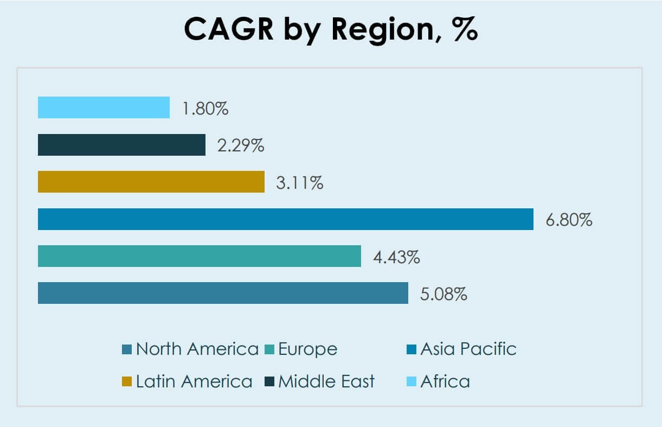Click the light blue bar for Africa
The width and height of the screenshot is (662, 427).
pyautogui.click(x=104, y=107)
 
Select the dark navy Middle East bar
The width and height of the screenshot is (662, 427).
pyautogui.click(x=121, y=145)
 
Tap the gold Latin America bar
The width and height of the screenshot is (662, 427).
pyautogui.click(x=151, y=182)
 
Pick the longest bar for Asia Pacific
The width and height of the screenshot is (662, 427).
pyautogui.click(x=285, y=219)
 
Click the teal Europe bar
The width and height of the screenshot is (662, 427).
pyautogui.click(x=199, y=256)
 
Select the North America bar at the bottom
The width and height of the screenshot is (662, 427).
pyautogui.click(x=223, y=293)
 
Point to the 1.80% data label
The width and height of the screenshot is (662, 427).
pyautogui.click(x=205, y=109)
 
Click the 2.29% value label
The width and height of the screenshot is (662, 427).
pyautogui.click(x=241, y=145)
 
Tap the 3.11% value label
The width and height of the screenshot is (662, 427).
pyautogui.click(x=300, y=183)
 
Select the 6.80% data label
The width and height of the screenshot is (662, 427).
pyautogui.click(x=569, y=220)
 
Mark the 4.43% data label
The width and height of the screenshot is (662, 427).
pyautogui.click(x=396, y=257)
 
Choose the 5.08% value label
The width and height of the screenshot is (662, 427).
pyautogui.click(x=444, y=294)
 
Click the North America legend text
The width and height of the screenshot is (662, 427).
pyautogui.click(x=197, y=349)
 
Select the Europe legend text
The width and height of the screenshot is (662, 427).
pyautogui.click(x=307, y=349)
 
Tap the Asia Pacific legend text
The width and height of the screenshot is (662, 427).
pyautogui.click(x=468, y=349)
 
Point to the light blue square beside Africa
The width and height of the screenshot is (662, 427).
pyautogui.click(x=411, y=382)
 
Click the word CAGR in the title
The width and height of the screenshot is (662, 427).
pyautogui.click(x=228, y=29)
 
